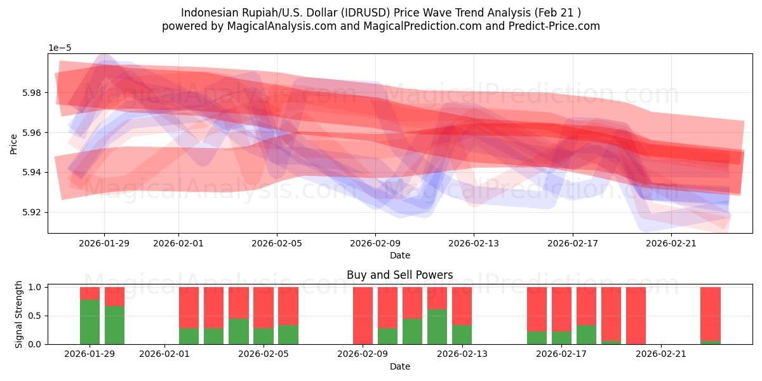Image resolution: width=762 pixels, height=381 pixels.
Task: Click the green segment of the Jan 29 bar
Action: (x=90, y=322)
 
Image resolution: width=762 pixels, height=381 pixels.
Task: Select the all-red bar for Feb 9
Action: (x=363, y=316)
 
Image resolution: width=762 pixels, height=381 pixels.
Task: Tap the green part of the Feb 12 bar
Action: (x=437, y=327)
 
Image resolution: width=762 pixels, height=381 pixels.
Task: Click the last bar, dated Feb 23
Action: (x=710, y=314)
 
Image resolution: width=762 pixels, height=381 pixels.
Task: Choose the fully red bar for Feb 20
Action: (x=636, y=316)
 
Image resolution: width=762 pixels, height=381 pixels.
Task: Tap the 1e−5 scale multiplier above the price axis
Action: (x=61, y=48)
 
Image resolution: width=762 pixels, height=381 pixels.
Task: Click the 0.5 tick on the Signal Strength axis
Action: (x=35, y=316)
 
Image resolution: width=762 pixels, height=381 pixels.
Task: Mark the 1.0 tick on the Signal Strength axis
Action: (x=35, y=287)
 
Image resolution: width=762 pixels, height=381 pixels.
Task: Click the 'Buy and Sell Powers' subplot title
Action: (x=399, y=275)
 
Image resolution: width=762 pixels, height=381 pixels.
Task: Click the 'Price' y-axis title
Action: (x=14, y=144)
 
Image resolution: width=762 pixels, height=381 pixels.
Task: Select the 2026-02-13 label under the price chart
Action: (x=474, y=243)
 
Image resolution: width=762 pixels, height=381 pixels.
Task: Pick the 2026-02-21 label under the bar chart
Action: (x=661, y=354)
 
